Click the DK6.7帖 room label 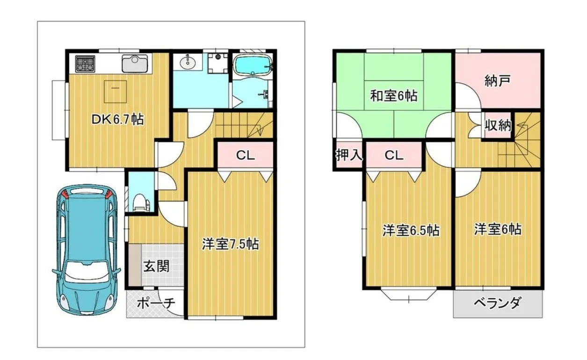(x=117, y=120)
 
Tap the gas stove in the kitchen (x=85, y=64)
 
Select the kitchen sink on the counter (x=135, y=63)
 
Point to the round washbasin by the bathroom (x=188, y=63)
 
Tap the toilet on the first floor (x=140, y=202)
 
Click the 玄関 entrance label (x=156, y=266)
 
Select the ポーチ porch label (x=156, y=304)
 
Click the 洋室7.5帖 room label (x=230, y=244)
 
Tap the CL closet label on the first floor (x=245, y=156)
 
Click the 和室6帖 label (x=394, y=96)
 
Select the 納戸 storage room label (x=497, y=81)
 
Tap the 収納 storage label (x=498, y=126)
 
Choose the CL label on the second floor (x=394, y=156)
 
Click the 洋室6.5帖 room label (x=411, y=230)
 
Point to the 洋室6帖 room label (x=498, y=229)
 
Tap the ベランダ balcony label (x=497, y=303)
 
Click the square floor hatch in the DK (x=116, y=92)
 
